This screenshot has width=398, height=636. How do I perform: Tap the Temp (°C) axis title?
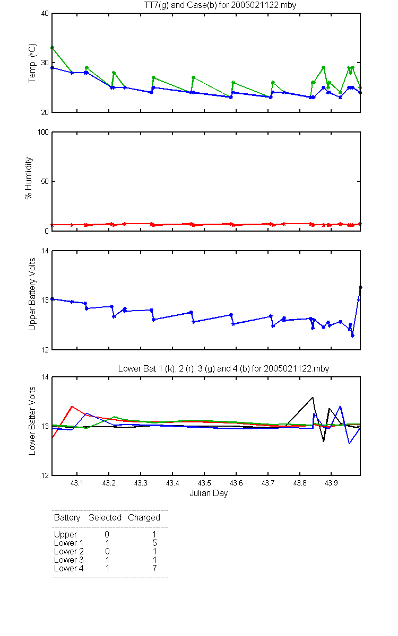coord(32,63)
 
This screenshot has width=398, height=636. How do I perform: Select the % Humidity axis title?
coord(29,178)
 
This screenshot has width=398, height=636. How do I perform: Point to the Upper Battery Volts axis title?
coord(32,294)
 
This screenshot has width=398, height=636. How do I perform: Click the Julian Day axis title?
coord(209,493)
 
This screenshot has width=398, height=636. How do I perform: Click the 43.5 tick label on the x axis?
coord(204,483)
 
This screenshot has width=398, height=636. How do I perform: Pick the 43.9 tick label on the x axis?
coord(331,483)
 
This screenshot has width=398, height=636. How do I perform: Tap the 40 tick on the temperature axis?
coord(45,14)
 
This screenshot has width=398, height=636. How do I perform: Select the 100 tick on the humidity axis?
coord(43,132)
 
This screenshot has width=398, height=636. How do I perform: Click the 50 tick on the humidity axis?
coord(45,181)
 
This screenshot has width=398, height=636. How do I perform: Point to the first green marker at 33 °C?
coord(53,48)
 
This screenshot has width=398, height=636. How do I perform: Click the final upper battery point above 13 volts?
coord(360,287)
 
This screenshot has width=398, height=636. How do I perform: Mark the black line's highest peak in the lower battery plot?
coord(313,397)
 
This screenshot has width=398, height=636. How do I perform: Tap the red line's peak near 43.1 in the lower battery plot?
coord(72,407)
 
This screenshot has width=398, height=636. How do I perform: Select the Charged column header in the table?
coord(144,518)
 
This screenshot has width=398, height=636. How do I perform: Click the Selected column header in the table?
coord(105,517)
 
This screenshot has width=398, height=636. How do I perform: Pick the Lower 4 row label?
coord(69,568)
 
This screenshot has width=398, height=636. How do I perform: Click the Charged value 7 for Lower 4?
coord(154,568)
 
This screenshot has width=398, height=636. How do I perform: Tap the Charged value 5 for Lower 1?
coord(154,543)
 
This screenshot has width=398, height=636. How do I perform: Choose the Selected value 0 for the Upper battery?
coord(107,534)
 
